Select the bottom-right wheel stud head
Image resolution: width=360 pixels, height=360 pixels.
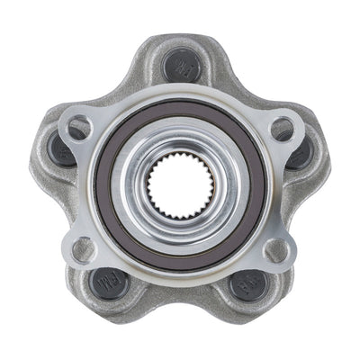[246, 286]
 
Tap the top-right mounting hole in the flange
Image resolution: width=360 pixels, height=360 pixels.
[281, 129]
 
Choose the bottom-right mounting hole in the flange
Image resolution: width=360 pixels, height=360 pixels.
[276, 249]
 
